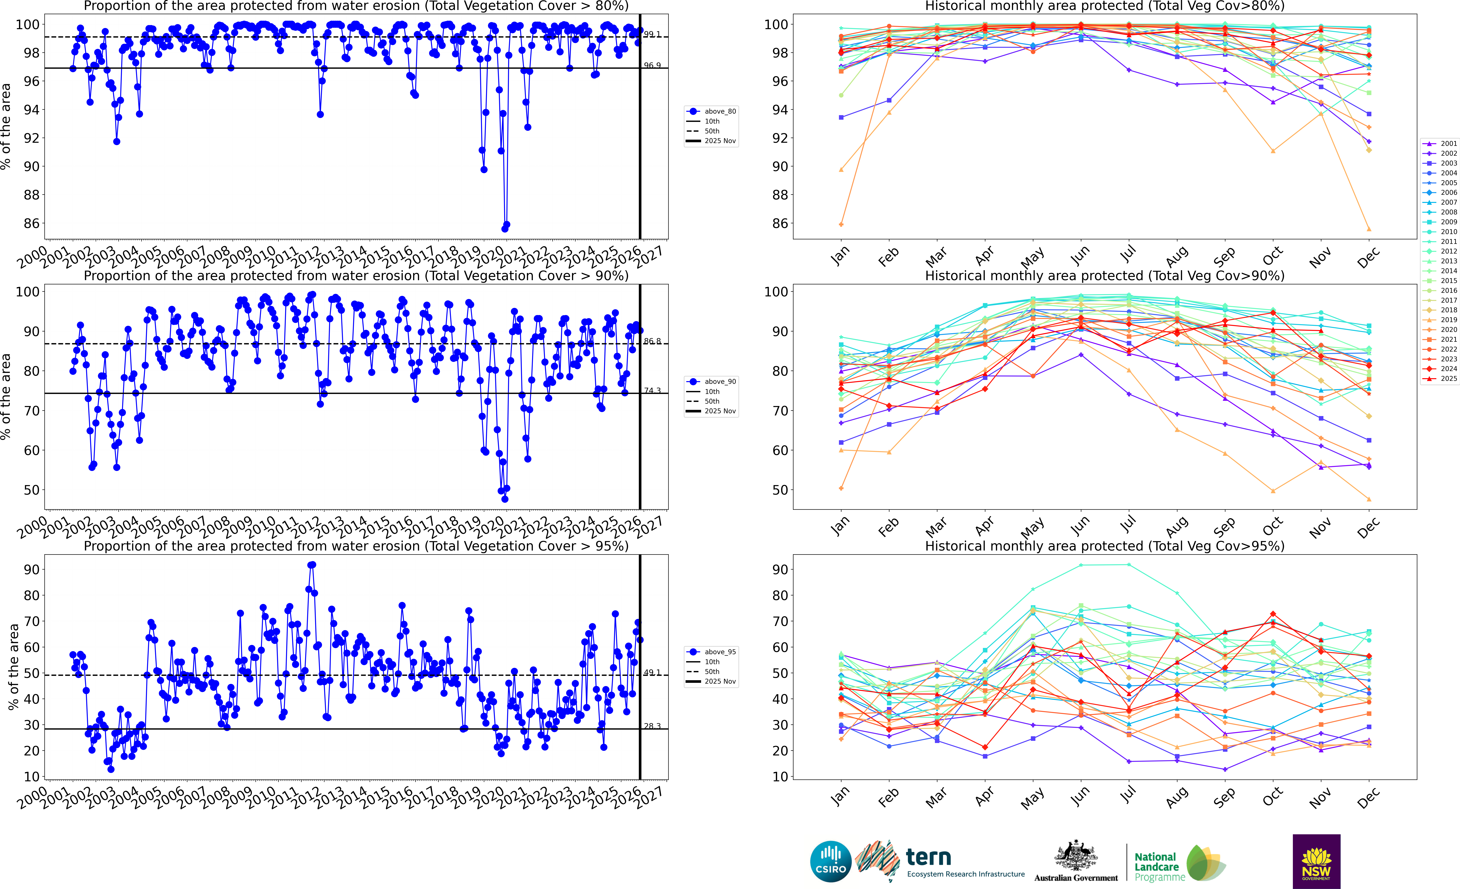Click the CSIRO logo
click(x=830, y=861)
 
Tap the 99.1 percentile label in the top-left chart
click(x=652, y=34)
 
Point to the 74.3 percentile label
click(x=652, y=391)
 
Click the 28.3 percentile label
click(x=652, y=726)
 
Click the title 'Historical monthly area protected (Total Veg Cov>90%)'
click(x=1105, y=276)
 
